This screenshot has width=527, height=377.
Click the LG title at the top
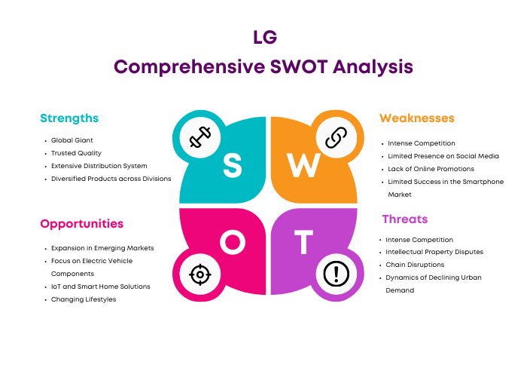265,37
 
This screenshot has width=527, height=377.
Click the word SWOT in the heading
299,66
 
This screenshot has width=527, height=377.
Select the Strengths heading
69,118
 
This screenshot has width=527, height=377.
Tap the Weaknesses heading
417,118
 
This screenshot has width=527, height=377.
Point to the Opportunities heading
81,224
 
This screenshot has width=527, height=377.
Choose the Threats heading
405,219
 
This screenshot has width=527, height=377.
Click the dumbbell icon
200,137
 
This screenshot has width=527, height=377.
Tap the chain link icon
336,138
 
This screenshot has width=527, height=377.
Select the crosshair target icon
200,274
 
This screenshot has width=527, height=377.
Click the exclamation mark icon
336,274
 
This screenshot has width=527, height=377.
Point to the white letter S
232,165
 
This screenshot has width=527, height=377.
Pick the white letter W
303,165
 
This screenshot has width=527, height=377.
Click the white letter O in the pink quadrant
233,242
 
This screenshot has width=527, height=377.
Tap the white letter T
304,242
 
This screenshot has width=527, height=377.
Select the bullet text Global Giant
72,140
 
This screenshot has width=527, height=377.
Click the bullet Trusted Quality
76,153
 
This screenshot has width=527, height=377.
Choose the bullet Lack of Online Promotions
431,169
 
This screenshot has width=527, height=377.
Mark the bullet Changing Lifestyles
84,299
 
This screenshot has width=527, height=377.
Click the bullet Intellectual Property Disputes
434,252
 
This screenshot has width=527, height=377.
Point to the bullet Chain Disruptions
415,265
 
